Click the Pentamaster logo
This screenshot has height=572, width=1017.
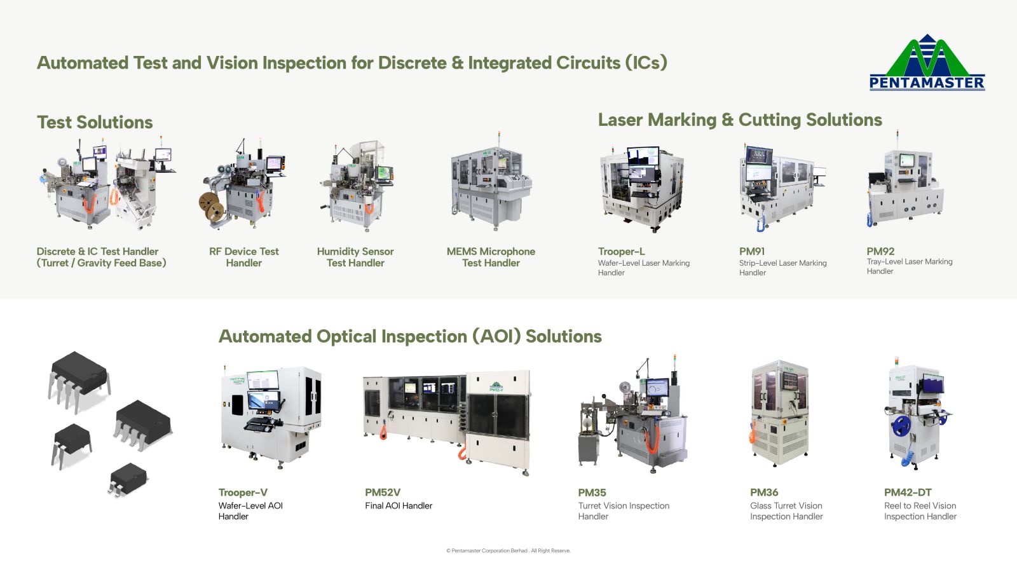(x=927, y=62)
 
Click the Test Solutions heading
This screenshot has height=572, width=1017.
(x=95, y=122)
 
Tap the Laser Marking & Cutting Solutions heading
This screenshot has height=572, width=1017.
(x=740, y=120)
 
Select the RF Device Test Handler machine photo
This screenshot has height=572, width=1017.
(x=243, y=185)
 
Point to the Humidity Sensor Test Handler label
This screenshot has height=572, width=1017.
(x=355, y=257)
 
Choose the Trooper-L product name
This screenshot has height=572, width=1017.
(x=621, y=252)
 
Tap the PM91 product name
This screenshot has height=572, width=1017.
(x=752, y=252)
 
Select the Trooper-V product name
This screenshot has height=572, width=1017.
(x=243, y=493)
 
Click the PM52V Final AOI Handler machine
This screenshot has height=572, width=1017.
(x=446, y=422)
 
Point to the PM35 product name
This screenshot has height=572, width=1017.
(x=592, y=493)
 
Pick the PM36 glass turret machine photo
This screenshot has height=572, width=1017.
(x=779, y=413)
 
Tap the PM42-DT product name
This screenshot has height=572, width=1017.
(x=908, y=493)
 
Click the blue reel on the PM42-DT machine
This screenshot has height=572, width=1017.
(x=901, y=426)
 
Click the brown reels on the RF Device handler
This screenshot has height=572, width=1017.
(x=212, y=207)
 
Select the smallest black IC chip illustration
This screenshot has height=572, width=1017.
(x=128, y=479)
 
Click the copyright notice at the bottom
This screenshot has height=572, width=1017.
(x=508, y=550)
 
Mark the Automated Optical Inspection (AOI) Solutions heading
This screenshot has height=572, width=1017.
(x=410, y=336)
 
